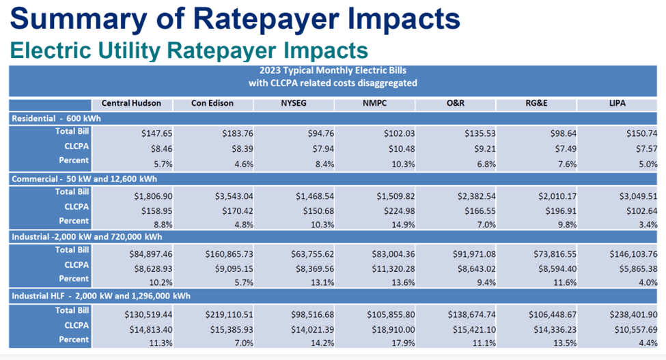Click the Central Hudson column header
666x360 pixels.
[x=131, y=103]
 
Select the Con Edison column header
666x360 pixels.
[x=212, y=103]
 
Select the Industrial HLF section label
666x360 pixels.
[x=100, y=296]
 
